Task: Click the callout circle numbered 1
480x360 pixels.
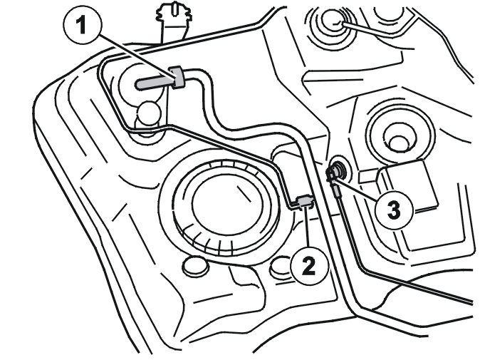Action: pyautogui.click(x=81, y=26)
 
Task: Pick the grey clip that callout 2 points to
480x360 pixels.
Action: pyautogui.click(x=304, y=202)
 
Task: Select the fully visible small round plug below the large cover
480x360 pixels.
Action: pyautogui.click(x=195, y=267)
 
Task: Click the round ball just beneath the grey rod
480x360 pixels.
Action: pyautogui.click(x=149, y=113)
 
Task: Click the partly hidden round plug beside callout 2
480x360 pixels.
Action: pyautogui.click(x=280, y=266)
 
